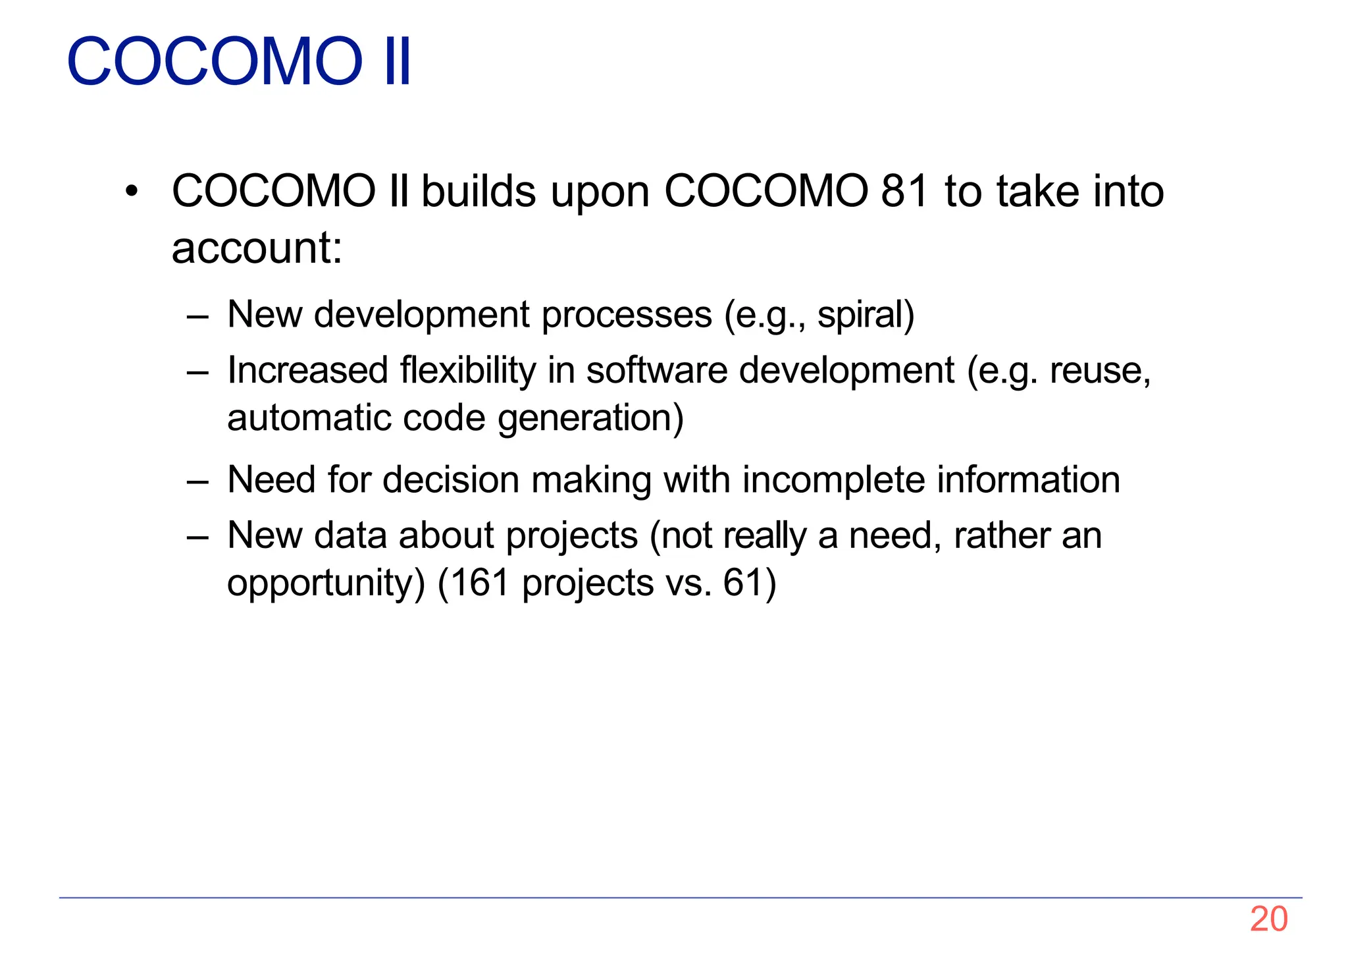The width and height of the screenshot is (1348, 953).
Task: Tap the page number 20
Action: [x=1268, y=919]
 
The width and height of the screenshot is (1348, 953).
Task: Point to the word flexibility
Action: [x=468, y=370]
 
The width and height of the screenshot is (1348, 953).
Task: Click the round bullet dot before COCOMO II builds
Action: [x=132, y=192]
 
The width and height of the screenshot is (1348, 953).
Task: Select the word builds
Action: [x=479, y=191]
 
